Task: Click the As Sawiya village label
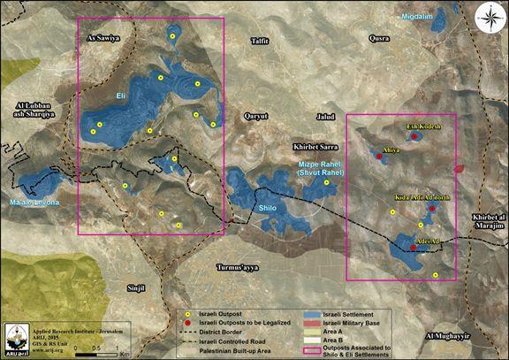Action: pyautogui.click(x=104, y=39)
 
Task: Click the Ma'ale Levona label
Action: pyautogui.click(x=35, y=204)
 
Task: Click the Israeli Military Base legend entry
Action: pyautogui.click(x=349, y=324)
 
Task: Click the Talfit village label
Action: pyautogui.click(x=260, y=41)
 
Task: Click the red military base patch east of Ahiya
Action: pyautogui.click(x=458, y=168)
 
